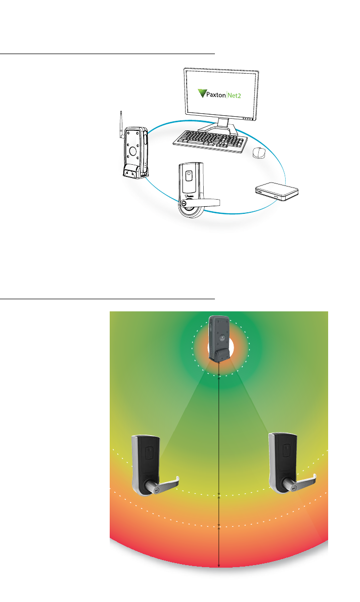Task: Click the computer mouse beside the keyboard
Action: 259,152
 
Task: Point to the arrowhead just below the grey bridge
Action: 218,378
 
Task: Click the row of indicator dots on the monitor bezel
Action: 247,119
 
